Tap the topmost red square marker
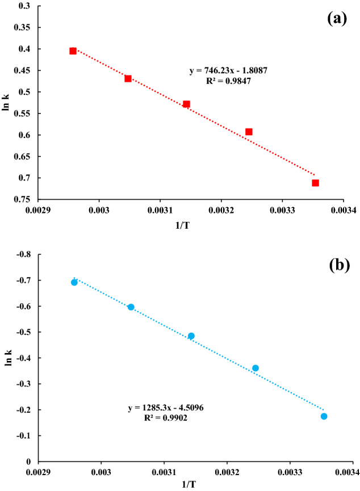73,51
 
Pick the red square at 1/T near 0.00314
186,104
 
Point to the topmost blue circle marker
74,282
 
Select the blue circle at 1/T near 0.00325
256,368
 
